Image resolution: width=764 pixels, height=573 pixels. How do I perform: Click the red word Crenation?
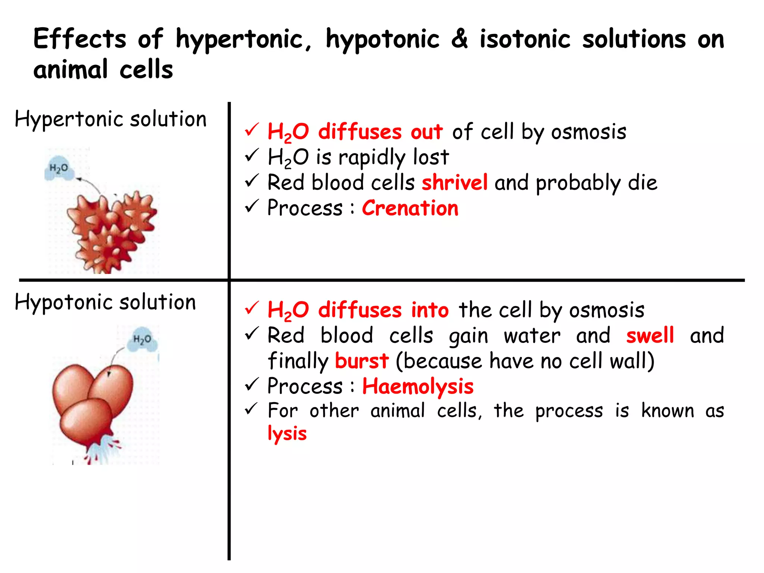[x=410, y=208]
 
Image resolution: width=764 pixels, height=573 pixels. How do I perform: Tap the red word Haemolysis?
[x=417, y=386]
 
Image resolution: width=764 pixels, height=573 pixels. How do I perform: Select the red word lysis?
[x=287, y=434]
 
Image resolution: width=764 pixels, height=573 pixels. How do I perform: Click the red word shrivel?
[x=454, y=182]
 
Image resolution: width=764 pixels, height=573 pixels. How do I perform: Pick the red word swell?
[x=650, y=335]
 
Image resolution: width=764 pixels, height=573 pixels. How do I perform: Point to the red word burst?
[x=361, y=361]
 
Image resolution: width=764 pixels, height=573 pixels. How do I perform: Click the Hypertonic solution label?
[x=110, y=119]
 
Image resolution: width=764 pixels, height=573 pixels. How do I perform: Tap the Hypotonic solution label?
[x=105, y=302]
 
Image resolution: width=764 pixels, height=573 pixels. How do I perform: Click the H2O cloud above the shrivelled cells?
[x=59, y=169]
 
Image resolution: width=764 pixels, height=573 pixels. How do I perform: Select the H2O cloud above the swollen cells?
[x=142, y=340]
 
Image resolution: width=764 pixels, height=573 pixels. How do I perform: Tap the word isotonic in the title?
[x=525, y=39]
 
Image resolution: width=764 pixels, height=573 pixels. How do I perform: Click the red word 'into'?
[x=429, y=310]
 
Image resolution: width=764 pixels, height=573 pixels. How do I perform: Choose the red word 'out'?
[x=426, y=132]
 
